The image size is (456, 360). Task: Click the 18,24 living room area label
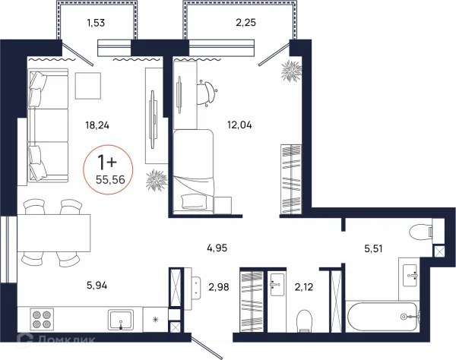[x=97, y=125]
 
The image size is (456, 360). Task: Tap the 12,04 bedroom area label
[x=239, y=125]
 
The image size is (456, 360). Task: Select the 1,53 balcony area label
[x=96, y=23]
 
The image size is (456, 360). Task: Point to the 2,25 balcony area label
[x=245, y=22]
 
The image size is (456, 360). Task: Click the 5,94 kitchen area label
[x=97, y=286]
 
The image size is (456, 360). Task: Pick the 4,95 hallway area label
[x=217, y=248]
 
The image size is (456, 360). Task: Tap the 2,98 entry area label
[x=219, y=287]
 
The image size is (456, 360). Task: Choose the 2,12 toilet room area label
[x=304, y=287]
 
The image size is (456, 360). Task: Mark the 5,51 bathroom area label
[x=373, y=248]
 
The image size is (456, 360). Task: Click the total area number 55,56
[x=110, y=180]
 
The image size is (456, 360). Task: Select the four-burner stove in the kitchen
[x=42, y=319]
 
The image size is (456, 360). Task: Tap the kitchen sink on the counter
[x=121, y=320]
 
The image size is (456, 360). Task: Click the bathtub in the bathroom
[x=382, y=317]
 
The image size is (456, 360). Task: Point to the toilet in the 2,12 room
[x=304, y=321]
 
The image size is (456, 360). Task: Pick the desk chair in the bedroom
[x=207, y=92]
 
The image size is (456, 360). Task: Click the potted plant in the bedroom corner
[x=291, y=71]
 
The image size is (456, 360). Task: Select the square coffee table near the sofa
[x=88, y=86]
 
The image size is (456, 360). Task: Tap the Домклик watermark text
[x=66, y=339]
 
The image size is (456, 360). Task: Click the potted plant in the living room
[x=157, y=181]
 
